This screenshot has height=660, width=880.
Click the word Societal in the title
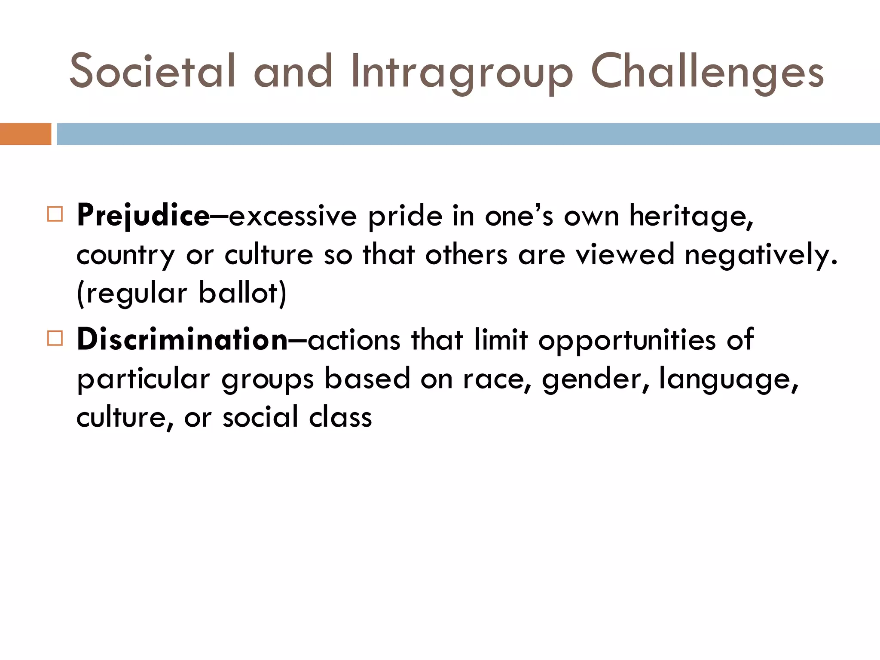coord(153,71)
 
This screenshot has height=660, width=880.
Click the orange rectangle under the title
coord(25,134)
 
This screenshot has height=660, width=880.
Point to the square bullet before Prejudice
coord(55,214)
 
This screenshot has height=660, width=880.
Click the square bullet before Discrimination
coord(55,338)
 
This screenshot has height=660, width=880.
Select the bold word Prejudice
coord(143,216)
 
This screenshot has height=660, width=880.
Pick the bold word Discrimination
coord(182,340)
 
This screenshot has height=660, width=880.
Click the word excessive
coord(293,216)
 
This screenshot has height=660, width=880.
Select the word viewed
coord(625,255)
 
